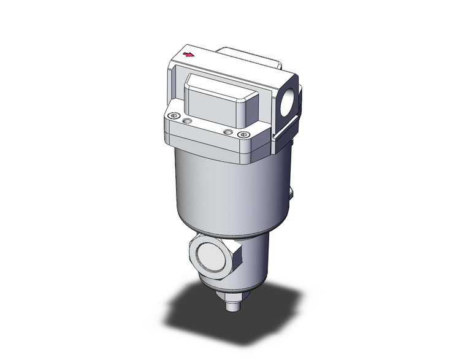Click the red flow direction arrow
coord(191,55)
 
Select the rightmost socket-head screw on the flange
coord(244,135)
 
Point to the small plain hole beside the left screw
coord(188,122)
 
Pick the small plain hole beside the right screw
coord(228,131)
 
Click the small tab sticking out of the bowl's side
coord(291,193)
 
